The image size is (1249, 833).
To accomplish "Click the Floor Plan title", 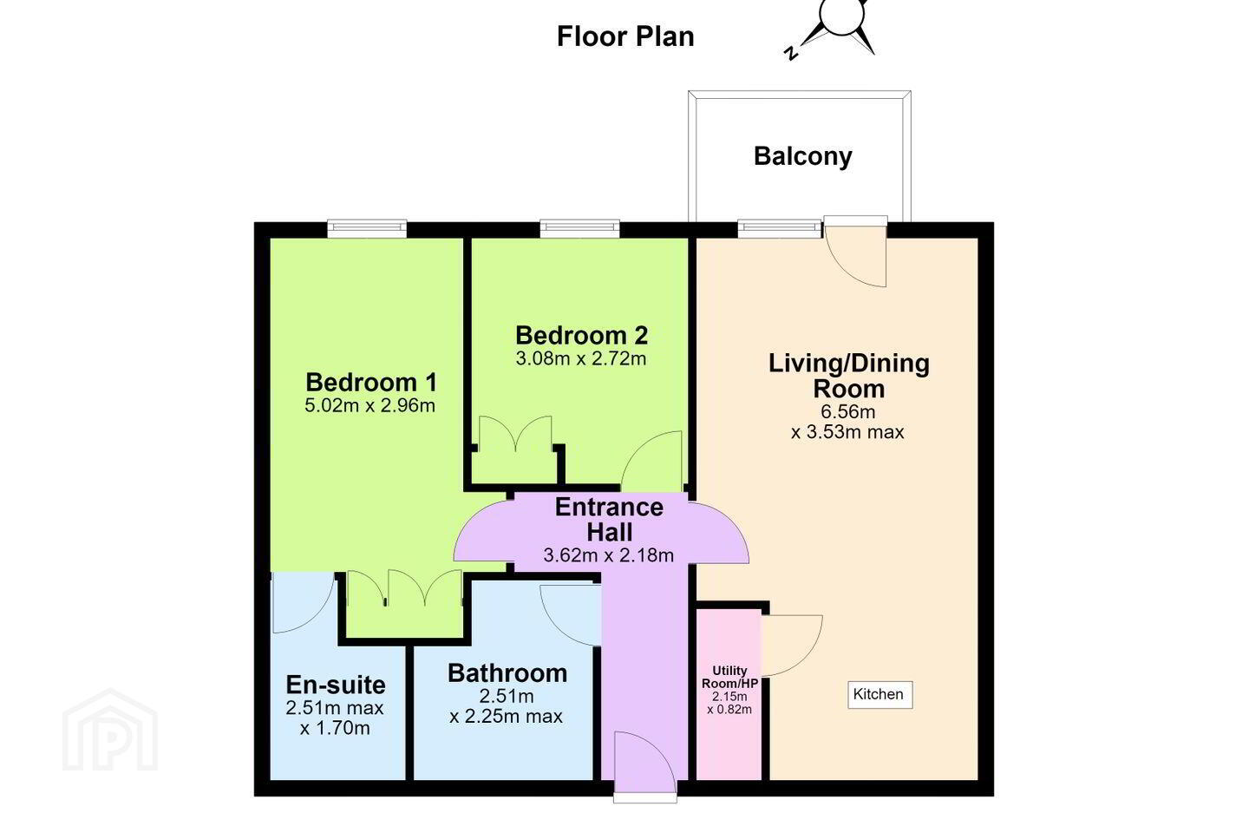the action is pos(625,36).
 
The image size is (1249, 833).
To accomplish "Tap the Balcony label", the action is pos(803,156).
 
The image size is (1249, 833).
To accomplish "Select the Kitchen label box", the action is pos(880,695).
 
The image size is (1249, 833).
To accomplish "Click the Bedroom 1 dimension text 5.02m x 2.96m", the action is pos(369,405).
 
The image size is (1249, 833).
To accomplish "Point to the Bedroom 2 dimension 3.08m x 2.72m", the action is pos(581,358).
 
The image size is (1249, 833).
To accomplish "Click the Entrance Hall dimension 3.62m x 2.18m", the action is pos(608,555).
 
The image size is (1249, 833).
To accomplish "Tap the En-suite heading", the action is pos(336,685).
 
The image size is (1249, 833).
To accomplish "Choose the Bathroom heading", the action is pos(507,673).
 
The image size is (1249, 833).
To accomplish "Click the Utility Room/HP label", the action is pos(729,677).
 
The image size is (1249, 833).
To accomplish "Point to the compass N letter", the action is pos(790,54).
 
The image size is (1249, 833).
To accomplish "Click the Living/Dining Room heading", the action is pos(848,376).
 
